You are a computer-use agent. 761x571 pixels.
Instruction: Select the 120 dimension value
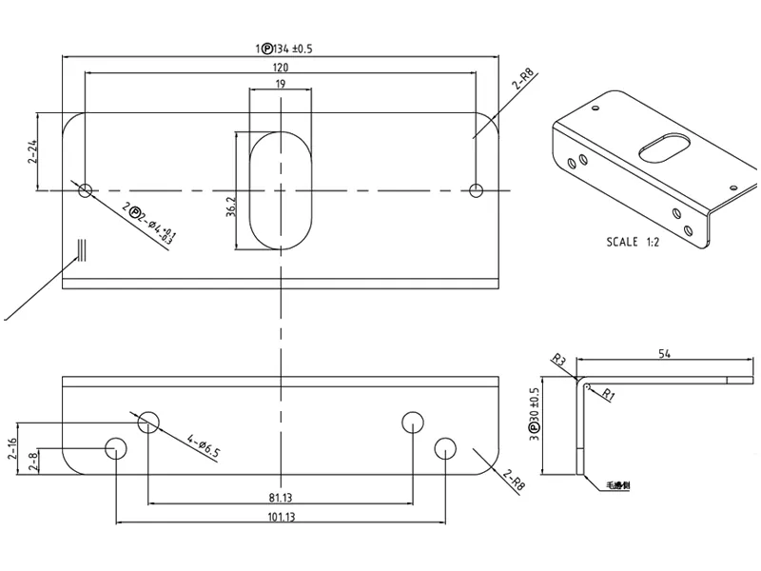[281, 69]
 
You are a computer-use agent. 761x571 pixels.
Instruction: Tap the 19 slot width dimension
[281, 85]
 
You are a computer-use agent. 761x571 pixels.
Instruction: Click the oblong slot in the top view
[281, 190]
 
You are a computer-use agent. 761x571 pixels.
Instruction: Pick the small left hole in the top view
[86, 190]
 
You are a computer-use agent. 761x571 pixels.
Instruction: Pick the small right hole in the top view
[477, 190]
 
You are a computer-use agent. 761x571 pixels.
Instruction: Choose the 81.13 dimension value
[281, 497]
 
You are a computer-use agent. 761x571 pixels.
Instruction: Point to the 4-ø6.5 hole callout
[204, 445]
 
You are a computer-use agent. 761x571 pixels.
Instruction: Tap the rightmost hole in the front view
[445, 446]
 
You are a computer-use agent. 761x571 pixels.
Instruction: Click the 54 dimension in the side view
[664, 354]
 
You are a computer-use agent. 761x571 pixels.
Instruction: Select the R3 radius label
[559, 360]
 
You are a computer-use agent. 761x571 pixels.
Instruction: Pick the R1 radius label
[608, 393]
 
